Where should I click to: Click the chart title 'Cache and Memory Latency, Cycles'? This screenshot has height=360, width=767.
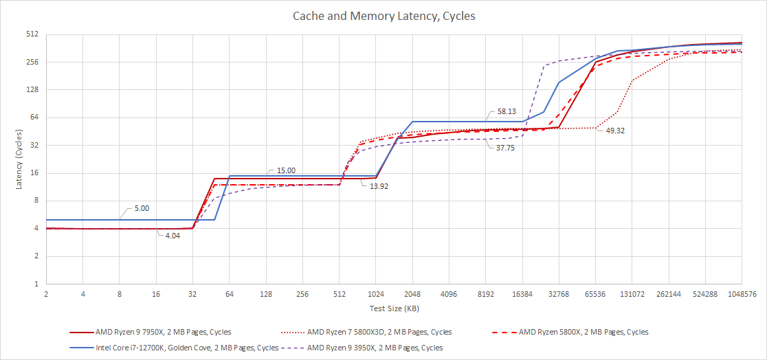[383, 15]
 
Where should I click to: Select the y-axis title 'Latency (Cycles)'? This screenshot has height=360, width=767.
[19, 158]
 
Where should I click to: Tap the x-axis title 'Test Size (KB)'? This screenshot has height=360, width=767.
[392, 307]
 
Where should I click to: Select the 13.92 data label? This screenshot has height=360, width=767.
[378, 185]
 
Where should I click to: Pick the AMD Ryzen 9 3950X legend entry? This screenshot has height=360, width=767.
[375, 348]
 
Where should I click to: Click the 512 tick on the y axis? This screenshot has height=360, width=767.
[31, 34]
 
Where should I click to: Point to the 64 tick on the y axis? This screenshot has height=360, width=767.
[33, 117]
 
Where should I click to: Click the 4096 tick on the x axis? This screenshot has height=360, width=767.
[448, 293]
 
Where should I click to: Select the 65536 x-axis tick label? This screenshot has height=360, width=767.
[595, 293]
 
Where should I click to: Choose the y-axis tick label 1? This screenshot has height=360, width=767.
[35, 283]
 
